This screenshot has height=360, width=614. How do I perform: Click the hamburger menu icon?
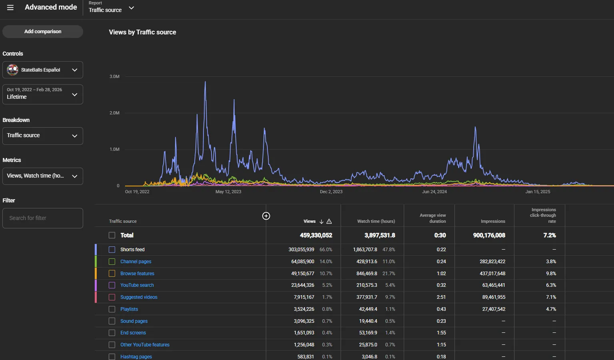click(x=10, y=8)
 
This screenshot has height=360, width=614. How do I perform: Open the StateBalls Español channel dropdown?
click(x=42, y=70)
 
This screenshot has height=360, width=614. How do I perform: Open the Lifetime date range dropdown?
click(x=42, y=94)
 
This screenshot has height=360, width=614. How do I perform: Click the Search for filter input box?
click(x=42, y=218)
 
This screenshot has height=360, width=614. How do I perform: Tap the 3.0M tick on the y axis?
click(x=114, y=76)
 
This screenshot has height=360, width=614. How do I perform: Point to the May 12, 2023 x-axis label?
click(x=228, y=192)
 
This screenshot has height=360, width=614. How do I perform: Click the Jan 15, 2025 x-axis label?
click(x=538, y=192)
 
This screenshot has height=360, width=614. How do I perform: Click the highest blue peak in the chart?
click(x=205, y=82)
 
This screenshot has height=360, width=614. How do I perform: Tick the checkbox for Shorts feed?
click(x=112, y=250)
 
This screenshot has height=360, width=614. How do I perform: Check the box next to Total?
click(x=112, y=235)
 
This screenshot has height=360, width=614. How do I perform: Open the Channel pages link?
click(x=136, y=262)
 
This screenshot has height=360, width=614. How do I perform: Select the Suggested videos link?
click(x=139, y=297)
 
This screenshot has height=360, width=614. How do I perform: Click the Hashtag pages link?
click(x=136, y=357)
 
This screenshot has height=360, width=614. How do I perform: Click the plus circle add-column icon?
click(x=266, y=216)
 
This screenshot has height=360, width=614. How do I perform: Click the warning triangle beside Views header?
click(x=329, y=222)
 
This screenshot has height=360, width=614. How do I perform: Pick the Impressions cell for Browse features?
click(x=492, y=274)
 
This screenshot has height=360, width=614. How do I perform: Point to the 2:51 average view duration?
click(x=441, y=297)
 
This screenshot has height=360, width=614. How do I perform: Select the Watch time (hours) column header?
click(x=376, y=221)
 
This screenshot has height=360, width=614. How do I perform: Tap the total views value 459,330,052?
click(x=316, y=236)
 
